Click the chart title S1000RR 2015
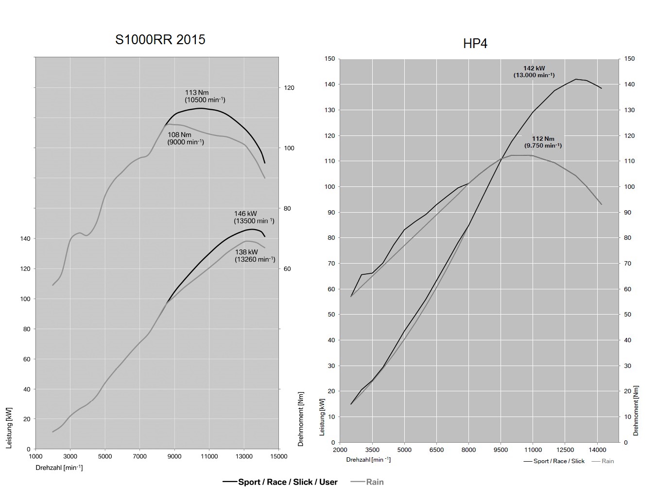pos(160,39)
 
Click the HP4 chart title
pos(475,44)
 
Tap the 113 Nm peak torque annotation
pos(205,96)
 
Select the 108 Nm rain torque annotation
pos(185,138)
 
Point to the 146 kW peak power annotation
pos(254,217)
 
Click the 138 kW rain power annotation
pos(255,255)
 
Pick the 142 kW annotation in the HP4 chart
pos(534,72)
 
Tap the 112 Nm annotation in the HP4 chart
pos(543,142)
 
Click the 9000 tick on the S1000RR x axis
pos(174,456)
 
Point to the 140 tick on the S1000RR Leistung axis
pos(25,239)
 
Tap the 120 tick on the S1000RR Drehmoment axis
pos(289,88)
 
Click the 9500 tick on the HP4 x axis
pos(501,450)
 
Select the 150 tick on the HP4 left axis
pos(330,59)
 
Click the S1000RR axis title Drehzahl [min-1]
pos(59,468)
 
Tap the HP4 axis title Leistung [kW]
pos(322,417)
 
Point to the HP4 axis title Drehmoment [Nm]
pos(636,411)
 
